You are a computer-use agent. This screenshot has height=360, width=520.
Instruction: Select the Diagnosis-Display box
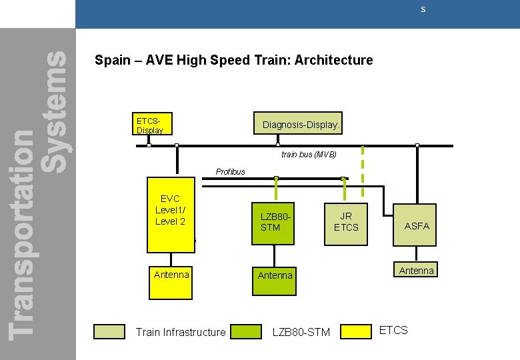(x=301, y=125)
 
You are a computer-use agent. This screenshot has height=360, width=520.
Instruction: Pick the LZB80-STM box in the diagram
(x=273, y=223)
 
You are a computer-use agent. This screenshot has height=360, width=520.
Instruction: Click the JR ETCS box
(x=346, y=222)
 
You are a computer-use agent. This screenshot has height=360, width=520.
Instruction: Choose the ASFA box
(x=417, y=226)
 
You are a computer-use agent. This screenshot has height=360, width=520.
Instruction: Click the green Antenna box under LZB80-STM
(x=275, y=275)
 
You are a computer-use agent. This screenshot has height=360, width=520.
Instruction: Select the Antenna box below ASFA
(x=417, y=270)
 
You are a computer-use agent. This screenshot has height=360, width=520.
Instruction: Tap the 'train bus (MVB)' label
(x=309, y=154)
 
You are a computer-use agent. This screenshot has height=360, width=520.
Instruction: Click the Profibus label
(x=231, y=171)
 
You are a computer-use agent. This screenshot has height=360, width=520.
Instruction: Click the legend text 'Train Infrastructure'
(x=181, y=332)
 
